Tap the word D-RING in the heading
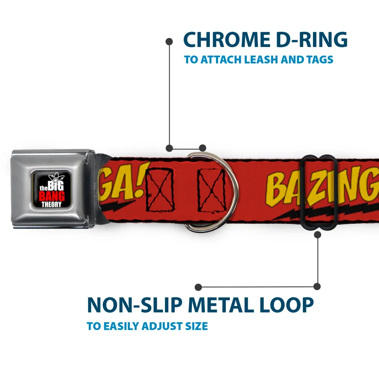[309, 40]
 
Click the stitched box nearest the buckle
[159, 188]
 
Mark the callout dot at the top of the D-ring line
[169, 41]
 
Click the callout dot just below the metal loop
[317, 234]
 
